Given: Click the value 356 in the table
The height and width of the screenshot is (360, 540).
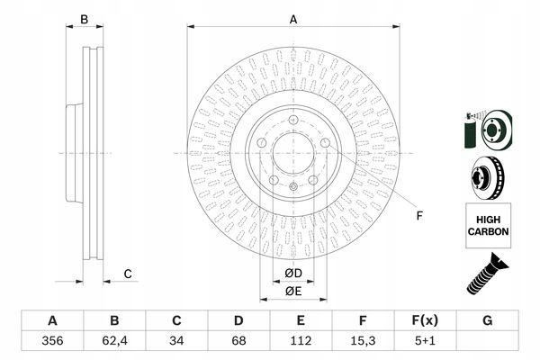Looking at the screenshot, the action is (x=52, y=341).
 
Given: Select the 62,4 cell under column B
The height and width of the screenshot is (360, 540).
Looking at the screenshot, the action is (x=114, y=341).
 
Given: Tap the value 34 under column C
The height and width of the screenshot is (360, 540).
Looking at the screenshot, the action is (x=176, y=341).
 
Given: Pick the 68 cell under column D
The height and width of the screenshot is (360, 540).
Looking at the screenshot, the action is (x=238, y=341).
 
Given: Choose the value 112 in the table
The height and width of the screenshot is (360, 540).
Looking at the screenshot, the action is (x=301, y=341).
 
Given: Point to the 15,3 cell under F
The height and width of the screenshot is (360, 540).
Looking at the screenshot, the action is (x=363, y=341).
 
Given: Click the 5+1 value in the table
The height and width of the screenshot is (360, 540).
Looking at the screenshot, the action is (x=425, y=341).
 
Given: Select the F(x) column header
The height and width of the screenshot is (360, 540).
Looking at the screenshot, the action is (x=425, y=320).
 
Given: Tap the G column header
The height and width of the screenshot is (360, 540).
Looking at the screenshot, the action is (x=487, y=320).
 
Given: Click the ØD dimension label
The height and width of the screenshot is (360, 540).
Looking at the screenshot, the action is (x=293, y=274).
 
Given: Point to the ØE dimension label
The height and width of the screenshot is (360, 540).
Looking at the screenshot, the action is (x=293, y=292).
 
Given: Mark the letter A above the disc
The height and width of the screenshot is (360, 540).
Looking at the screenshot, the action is (x=293, y=20).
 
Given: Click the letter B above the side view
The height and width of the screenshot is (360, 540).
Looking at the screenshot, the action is (x=84, y=20).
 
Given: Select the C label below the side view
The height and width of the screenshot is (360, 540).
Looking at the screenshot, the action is (x=128, y=274).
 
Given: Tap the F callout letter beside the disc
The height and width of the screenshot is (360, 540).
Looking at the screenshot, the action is (x=419, y=216).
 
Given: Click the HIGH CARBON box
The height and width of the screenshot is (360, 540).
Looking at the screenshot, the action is (x=488, y=226).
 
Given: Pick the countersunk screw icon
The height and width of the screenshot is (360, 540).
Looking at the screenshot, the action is (x=486, y=274).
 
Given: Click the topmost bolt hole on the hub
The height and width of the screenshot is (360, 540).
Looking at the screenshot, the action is (x=293, y=121).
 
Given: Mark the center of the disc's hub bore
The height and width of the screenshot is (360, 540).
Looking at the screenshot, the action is (x=293, y=153).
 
